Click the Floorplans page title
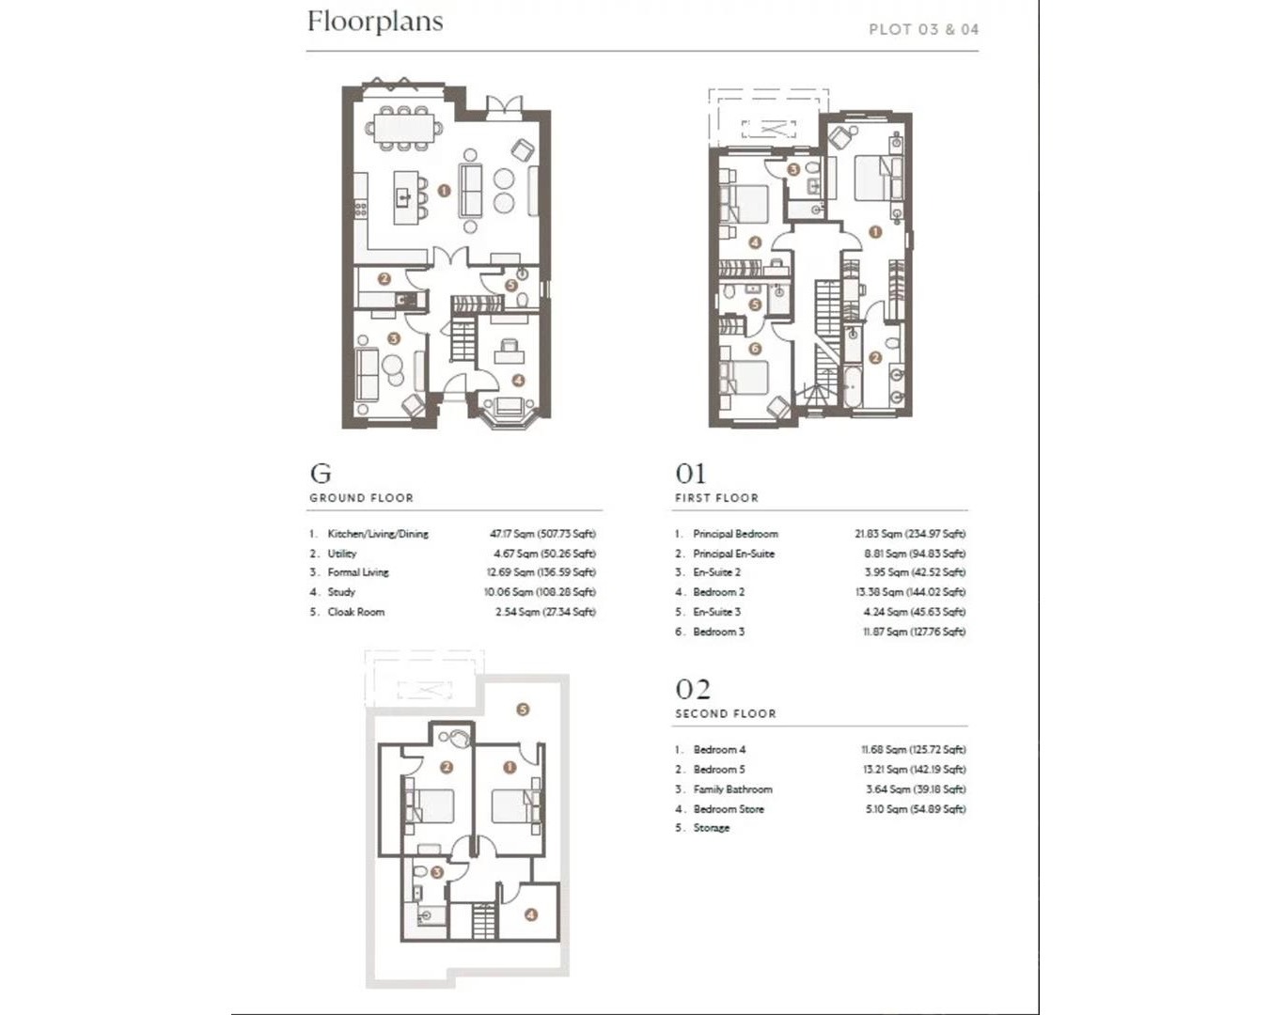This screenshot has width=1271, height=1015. [375, 23]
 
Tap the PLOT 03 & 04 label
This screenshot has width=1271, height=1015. [924, 29]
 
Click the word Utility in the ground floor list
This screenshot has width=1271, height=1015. [342, 554]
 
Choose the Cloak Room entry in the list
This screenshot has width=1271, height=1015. [356, 612]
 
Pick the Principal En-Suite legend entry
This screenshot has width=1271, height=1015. [733, 554]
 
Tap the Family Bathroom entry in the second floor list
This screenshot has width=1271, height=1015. [732, 789]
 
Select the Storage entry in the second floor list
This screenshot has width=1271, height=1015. [711, 828]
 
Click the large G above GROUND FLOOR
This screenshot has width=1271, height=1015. [321, 473]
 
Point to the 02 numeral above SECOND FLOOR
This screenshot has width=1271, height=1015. [693, 689]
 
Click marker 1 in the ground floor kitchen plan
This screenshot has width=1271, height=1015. [444, 191]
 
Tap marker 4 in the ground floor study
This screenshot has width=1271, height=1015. [518, 381]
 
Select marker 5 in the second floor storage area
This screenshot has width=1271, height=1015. [523, 710]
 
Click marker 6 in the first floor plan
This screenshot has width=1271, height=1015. [755, 349]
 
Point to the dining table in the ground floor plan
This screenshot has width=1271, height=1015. [402, 128]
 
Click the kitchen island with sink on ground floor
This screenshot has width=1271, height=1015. [404, 197]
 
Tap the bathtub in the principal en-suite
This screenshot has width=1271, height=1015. [852, 386]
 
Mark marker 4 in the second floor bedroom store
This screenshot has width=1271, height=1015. [531, 914]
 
